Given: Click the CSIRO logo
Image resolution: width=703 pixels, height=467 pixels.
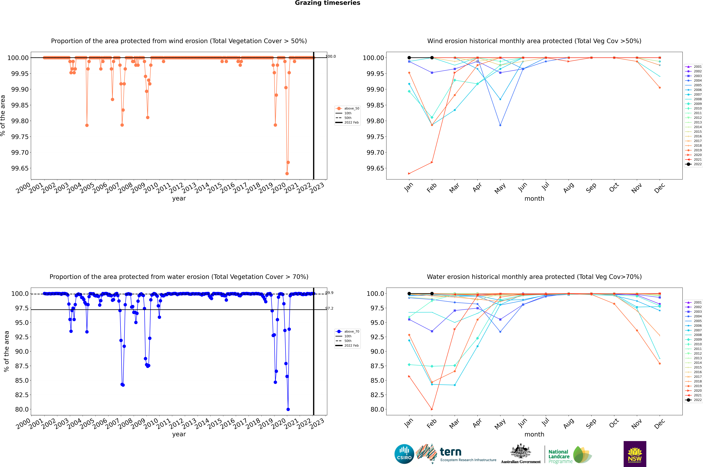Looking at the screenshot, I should pyautogui.click(x=404, y=454).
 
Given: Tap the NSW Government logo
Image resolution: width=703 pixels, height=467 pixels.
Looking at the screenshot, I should pyautogui.click(x=635, y=454).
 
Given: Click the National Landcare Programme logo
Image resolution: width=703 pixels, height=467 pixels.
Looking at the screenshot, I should pyautogui.click(x=570, y=455).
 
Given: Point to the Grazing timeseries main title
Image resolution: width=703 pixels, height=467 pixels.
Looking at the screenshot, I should pyautogui.click(x=328, y=3).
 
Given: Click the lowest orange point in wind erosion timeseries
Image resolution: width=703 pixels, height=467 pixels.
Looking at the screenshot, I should pyautogui.click(x=287, y=174).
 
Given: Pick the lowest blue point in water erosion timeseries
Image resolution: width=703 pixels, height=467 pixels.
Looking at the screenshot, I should pyautogui.click(x=288, y=409).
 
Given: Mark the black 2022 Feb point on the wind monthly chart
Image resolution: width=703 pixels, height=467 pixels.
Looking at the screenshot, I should pyautogui.click(x=432, y=58).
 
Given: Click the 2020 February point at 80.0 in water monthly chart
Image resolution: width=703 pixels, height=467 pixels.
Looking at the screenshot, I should pyautogui.click(x=432, y=409).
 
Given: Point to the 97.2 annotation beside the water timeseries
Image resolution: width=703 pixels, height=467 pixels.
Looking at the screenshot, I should pyautogui.click(x=329, y=308).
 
